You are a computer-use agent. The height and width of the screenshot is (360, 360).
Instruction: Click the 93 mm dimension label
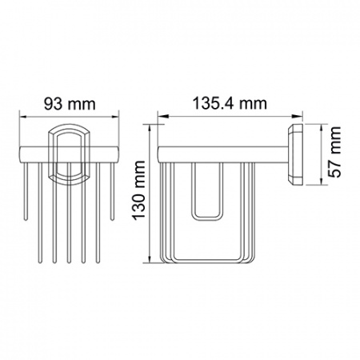point(70,104)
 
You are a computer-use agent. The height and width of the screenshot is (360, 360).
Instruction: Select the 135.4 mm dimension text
point(230,103)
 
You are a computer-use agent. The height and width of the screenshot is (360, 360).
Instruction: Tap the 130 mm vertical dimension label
point(139,190)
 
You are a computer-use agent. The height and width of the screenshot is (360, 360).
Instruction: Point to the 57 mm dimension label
point(334,152)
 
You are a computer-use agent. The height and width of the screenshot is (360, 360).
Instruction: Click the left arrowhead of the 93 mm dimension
point(23,117)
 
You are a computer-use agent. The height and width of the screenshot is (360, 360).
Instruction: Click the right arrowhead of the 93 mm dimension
point(115,117)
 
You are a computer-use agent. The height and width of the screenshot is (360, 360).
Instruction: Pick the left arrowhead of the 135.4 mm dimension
point(162,116)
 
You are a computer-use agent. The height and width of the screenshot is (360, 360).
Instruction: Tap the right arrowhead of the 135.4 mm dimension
point(298,116)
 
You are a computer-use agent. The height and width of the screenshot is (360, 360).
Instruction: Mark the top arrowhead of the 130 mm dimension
point(150,128)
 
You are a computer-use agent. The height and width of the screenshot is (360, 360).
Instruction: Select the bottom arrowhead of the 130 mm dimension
point(150,259)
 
